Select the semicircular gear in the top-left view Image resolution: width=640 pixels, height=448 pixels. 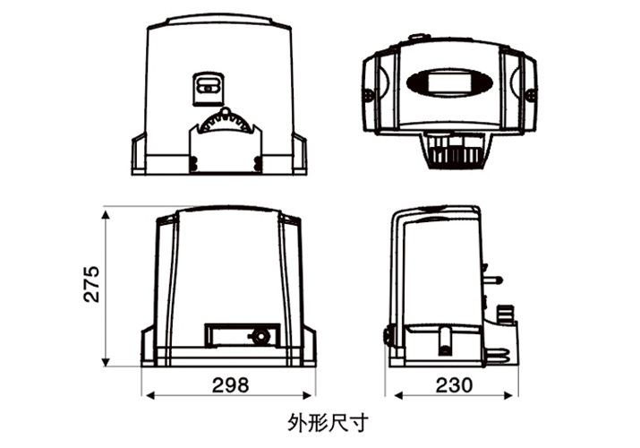pos(226,123)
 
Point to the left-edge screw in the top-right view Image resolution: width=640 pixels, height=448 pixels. pos(368,92)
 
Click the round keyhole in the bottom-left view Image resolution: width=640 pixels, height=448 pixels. pos(260,335)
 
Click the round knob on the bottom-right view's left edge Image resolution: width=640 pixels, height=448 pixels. pos(389,337)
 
